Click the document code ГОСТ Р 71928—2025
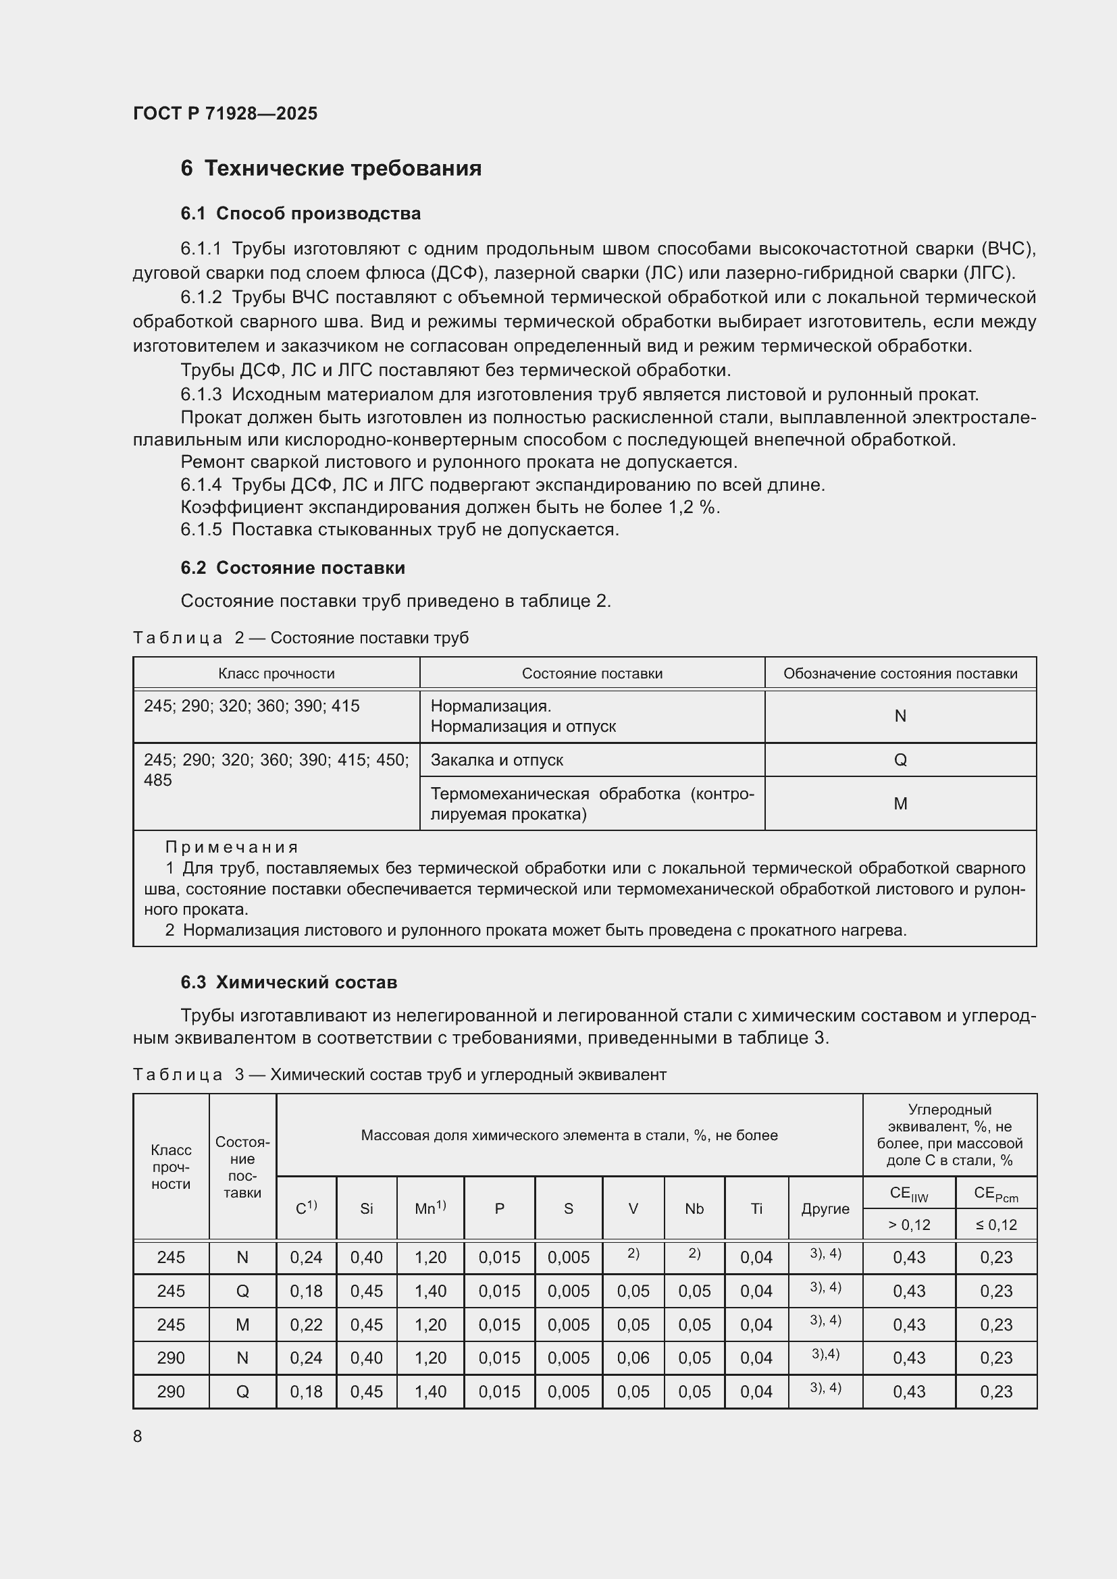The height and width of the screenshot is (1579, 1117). (x=225, y=113)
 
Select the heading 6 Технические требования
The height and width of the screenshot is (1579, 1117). (x=331, y=168)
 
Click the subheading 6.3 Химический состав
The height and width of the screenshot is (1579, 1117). (x=289, y=982)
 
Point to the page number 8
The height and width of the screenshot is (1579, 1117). (x=138, y=1436)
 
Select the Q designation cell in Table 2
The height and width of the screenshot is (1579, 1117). (x=900, y=760)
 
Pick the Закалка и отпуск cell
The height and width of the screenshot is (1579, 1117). (x=496, y=760)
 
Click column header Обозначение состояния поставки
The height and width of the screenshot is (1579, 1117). (x=900, y=673)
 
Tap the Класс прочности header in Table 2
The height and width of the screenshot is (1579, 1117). (x=276, y=673)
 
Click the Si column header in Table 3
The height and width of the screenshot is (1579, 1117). (x=366, y=1208)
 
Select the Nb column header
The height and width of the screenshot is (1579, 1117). (x=694, y=1208)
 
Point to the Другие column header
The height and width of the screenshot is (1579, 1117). (x=825, y=1208)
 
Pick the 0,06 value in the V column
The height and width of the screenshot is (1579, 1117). (x=633, y=1358)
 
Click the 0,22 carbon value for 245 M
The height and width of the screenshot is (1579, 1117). (x=306, y=1324)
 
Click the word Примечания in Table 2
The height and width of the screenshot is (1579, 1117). (x=232, y=847)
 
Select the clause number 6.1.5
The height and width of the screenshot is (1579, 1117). (x=201, y=529)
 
